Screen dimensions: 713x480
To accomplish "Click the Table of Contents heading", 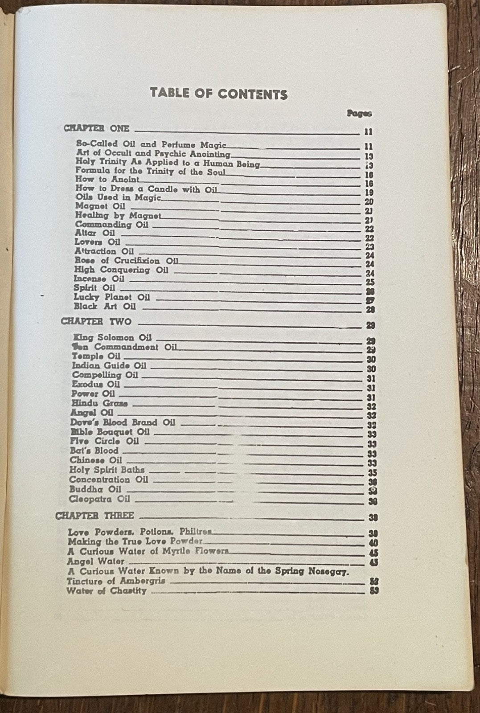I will [218, 94].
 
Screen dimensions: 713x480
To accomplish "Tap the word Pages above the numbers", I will [359, 113].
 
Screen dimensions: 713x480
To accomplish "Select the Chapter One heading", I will [97, 128].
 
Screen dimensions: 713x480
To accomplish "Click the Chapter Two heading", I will [96, 321].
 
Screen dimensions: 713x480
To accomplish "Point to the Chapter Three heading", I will [94, 516].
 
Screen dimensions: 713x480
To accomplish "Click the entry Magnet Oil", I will [100, 206].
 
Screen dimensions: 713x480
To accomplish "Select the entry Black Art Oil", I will [105, 307].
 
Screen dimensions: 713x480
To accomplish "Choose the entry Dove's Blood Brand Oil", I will [123, 422].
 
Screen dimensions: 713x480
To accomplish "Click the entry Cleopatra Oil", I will [99, 499].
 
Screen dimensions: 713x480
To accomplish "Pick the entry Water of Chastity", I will [107, 591].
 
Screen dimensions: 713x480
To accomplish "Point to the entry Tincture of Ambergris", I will [116, 581].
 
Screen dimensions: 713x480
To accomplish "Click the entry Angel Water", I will [96, 561].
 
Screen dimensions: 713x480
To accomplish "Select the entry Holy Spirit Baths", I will [107, 470].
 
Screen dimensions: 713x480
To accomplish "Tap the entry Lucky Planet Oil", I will [112, 297].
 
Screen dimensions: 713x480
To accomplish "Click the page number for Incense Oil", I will [369, 282].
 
